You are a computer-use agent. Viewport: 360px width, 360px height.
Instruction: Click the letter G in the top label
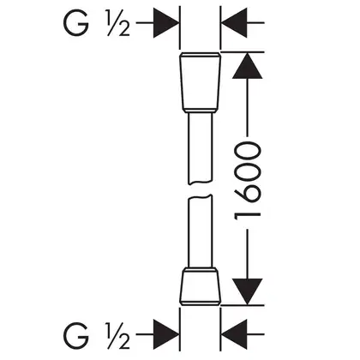coord(75,23)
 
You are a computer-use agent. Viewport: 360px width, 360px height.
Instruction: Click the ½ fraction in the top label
coord(118,23)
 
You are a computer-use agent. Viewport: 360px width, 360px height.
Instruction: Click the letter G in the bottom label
coord(75,335)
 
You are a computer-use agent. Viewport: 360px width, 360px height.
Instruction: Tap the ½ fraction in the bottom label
coord(118,336)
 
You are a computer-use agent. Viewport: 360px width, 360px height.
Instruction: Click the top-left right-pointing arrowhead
coord(166,22)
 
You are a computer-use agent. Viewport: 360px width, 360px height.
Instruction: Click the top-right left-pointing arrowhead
coord(234,22)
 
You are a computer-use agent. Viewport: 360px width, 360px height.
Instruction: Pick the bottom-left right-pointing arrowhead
coord(166,334)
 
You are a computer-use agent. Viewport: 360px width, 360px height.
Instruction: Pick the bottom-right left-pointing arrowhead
coord(234,334)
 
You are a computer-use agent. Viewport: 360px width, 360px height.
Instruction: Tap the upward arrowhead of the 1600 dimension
coord(248,65)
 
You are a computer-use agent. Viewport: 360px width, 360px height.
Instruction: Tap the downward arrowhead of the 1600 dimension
coord(248,291)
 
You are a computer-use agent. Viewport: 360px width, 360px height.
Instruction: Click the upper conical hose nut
coord(200,81)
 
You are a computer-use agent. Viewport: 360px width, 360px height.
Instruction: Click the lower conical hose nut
coord(201,286)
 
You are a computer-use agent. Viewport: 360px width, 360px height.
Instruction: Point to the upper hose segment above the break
coord(200,148)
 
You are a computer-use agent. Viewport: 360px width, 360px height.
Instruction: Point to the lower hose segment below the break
coord(200,231)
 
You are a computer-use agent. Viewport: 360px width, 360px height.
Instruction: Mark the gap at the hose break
coord(200,189)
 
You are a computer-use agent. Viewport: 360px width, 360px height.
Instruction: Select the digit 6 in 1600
coord(248,196)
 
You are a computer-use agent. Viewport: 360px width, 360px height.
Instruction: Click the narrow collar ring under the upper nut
coord(200,111)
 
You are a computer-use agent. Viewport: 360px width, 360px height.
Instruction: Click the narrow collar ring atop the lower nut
coord(200,269)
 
